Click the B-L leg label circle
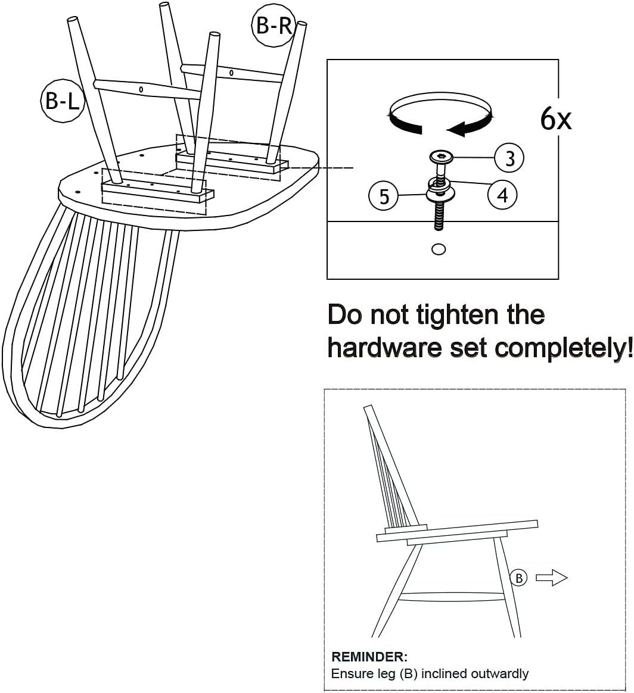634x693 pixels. point(62,101)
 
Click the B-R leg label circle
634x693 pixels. point(273,25)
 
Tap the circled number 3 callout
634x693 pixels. point(509,158)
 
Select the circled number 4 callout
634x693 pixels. point(502,195)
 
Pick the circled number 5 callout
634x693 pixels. point(384,196)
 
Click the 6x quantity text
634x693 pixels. point(556,118)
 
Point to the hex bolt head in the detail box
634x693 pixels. point(442,157)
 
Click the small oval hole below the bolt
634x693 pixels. point(439,249)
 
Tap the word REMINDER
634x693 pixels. point(369,657)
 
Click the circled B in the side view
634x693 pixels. point(518,578)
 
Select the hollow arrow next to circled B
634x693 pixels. point(552,577)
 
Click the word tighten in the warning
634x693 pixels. point(458,316)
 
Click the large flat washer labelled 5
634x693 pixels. point(440,194)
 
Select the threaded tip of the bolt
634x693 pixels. point(439,218)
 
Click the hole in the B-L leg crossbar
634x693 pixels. point(141,90)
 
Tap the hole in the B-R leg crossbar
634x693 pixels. point(231,73)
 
